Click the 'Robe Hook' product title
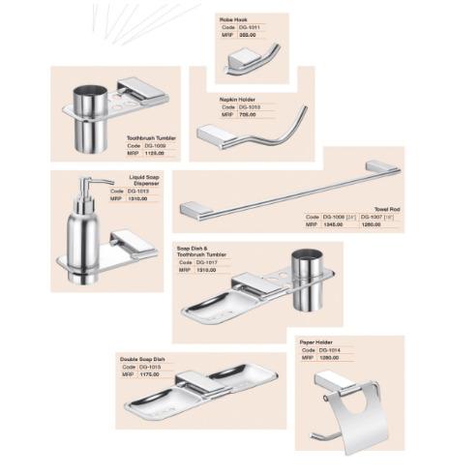(x=232, y=18)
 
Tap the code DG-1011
(x=248, y=27)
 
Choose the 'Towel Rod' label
(x=388, y=208)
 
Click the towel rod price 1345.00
(x=333, y=223)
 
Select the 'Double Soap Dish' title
(x=142, y=359)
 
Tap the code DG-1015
(x=149, y=367)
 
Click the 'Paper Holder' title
(x=316, y=341)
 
